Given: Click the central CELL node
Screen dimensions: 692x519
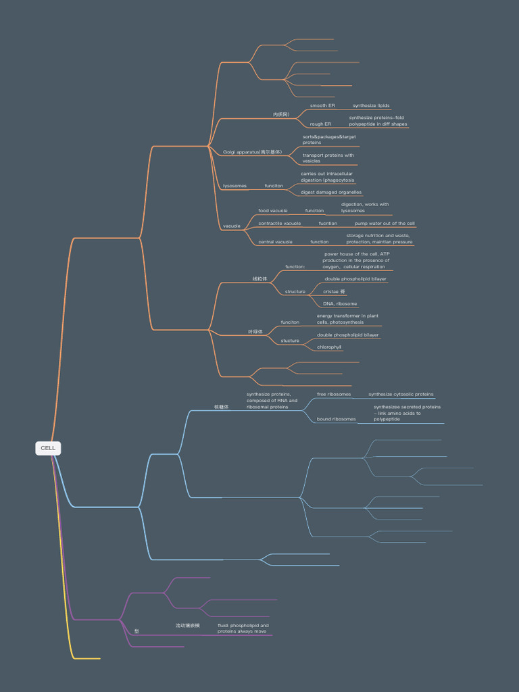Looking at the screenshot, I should (48, 448).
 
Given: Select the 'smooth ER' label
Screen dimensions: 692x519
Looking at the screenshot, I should (322, 105).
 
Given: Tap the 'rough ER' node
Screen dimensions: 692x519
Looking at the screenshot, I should (320, 124).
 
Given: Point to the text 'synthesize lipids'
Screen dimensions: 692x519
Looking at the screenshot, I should (371, 105).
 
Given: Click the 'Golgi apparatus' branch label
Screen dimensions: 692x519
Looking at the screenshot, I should (252, 152).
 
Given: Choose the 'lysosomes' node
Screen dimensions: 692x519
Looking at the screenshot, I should (234, 186).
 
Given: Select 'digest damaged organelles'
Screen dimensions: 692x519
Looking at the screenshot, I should (331, 192).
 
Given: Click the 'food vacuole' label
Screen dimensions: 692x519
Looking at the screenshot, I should (272, 211).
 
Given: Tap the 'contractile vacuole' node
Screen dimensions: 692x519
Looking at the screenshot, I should (279, 223).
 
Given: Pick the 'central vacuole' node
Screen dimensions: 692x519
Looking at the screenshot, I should (275, 241).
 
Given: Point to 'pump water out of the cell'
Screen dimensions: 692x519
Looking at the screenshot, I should (385, 223).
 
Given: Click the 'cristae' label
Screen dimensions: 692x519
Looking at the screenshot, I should (334, 291).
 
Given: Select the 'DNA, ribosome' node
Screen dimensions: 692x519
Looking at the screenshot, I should (340, 303).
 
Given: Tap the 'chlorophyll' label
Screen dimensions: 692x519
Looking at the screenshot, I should (329, 347).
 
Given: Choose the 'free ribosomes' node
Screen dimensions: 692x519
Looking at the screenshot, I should (334, 394).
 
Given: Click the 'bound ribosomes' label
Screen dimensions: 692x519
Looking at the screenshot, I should (336, 419).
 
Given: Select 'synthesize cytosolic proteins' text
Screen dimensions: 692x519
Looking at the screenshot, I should (401, 394).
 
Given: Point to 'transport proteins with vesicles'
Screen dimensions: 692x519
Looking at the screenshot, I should (328, 158).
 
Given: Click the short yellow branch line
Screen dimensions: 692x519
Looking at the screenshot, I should (86, 658).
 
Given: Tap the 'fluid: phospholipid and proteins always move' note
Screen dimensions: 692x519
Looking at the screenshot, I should (243, 628).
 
